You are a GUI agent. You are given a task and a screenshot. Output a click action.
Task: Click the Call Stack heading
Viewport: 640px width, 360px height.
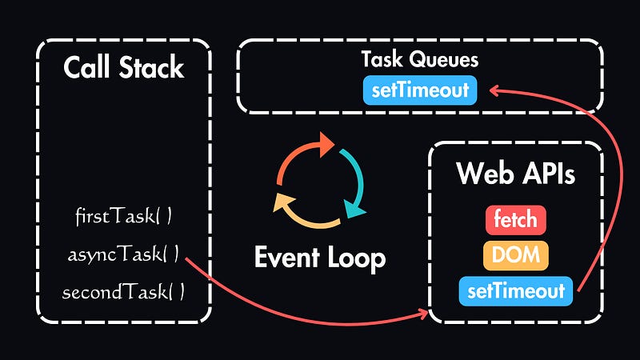click(x=124, y=68)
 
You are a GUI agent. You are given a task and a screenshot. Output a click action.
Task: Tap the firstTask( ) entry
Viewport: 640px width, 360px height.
click(x=123, y=216)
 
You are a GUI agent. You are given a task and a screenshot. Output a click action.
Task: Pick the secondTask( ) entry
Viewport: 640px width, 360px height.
click(x=123, y=292)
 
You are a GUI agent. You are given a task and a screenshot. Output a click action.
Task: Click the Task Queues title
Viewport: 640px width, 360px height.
click(x=420, y=60)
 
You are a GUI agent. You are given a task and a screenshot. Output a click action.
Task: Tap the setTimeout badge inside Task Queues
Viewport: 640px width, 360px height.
click(x=420, y=90)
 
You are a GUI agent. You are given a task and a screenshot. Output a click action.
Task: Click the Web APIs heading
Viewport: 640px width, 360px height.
click(x=515, y=174)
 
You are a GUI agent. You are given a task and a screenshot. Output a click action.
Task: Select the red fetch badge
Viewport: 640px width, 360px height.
click(x=515, y=219)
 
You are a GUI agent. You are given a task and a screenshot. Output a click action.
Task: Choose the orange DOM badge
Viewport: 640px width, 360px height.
click(x=515, y=256)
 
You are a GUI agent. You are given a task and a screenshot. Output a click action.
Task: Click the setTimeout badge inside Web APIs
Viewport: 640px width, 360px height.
click(x=515, y=292)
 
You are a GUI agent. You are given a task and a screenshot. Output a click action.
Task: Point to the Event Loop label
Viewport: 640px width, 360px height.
click(x=320, y=258)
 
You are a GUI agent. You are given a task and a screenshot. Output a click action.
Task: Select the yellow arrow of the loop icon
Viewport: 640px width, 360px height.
click(x=300, y=210)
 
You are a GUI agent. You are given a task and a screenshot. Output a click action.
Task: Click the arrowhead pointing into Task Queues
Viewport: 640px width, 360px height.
click(x=494, y=90)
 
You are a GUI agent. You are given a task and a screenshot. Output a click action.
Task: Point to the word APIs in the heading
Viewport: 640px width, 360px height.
click(x=546, y=174)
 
